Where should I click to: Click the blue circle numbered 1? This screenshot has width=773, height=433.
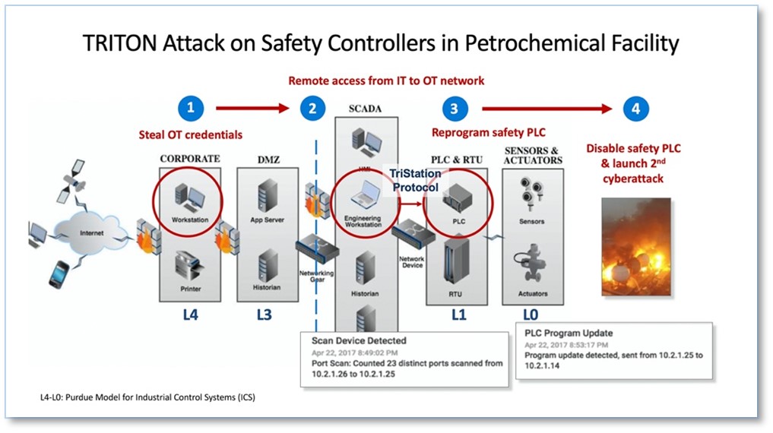click(190, 109)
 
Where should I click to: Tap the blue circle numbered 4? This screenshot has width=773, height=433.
click(635, 109)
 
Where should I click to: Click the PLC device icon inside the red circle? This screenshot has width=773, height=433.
click(458, 197)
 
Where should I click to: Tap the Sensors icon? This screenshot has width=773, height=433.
click(532, 198)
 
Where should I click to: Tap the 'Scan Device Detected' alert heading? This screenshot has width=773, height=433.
click(359, 340)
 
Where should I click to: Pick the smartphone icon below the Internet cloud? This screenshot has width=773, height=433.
click(58, 274)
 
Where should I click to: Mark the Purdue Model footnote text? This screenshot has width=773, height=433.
click(152, 397)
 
